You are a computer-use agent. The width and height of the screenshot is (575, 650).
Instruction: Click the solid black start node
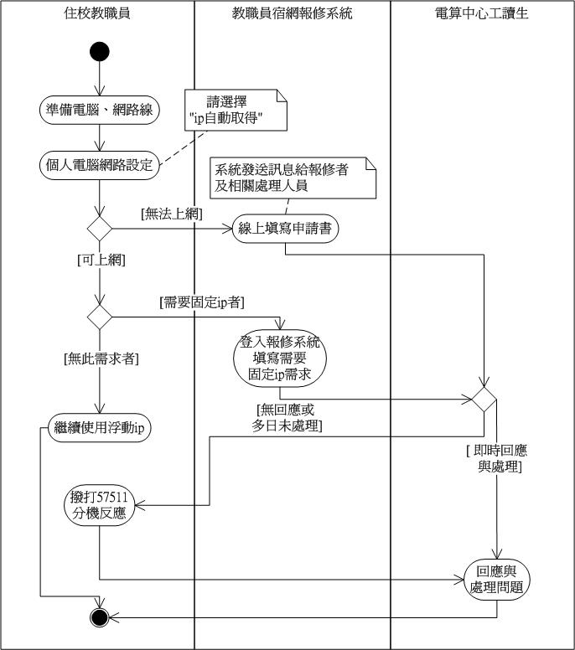click(x=99, y=53)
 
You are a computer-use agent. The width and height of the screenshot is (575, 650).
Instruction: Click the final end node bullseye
click(x=99, y=618)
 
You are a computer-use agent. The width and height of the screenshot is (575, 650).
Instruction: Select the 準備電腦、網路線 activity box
click(x=100, y=109)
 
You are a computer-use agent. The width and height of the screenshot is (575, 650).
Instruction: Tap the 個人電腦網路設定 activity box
click(x=100, y=164)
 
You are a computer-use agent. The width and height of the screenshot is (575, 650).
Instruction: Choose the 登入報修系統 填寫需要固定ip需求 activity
click(x=280, y=359)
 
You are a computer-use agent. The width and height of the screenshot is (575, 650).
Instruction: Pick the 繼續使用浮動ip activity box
click(x=100, y=427)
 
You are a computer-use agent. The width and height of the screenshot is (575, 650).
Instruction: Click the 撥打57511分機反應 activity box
click(x=99, y=505)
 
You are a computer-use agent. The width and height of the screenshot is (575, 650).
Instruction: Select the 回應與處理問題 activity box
click(x=498, y=579)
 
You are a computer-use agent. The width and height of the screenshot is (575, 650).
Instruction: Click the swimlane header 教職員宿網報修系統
click(x=293, y=14)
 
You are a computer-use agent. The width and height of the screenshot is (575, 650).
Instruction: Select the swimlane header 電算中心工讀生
click(x=482, y=14)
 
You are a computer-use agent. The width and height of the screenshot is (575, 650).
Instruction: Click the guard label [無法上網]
click(x=172, y=215)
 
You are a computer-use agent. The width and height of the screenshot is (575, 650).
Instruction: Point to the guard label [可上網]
click(x=100, y=261)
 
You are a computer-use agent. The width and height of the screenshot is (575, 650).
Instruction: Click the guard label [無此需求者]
click(x=101, y=359)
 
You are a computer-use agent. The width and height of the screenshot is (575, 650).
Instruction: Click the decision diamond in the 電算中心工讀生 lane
click(x=484, y=397)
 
